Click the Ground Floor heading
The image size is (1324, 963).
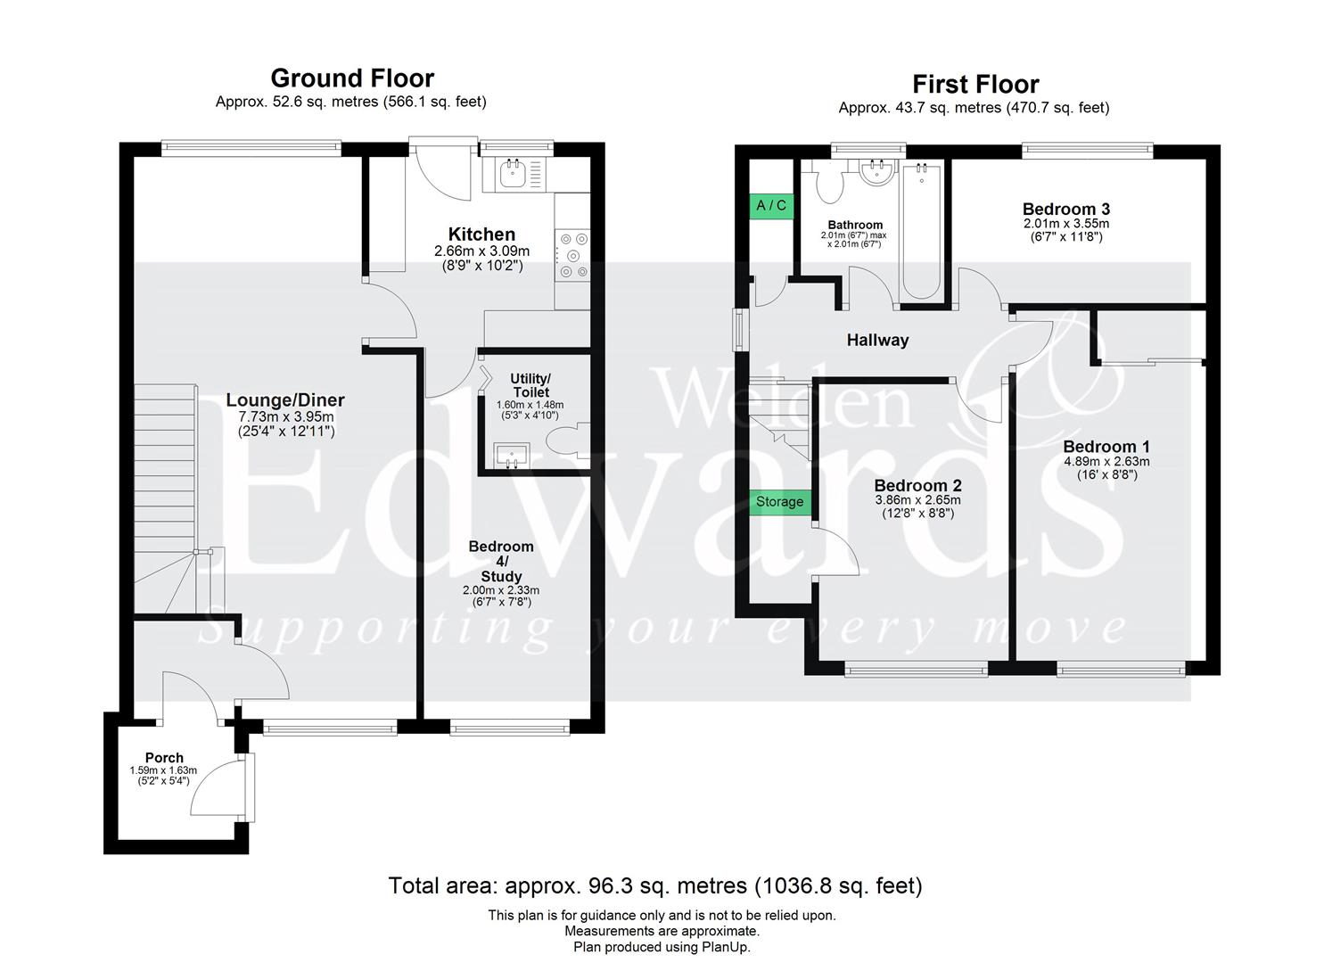tap(352, 78)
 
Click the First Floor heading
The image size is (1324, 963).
tap(975, 85)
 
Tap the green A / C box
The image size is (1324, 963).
tap(771, 206)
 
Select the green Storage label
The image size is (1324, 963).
tap(779, 502)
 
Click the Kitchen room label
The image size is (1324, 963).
tap(481, 235)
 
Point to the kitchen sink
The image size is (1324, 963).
tap(513, 174)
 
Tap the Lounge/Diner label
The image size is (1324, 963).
tap(285, 400)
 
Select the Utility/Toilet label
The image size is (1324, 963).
tap(530, 385)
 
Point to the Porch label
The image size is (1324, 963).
tap(164, 758)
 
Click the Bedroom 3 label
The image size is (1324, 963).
tap(1065, 210)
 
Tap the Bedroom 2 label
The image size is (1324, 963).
tap(917, 486)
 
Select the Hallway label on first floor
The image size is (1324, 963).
tap(877, 340)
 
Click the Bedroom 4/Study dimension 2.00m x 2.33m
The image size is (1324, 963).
tap(501, 590)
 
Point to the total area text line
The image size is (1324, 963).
tap(655, 886)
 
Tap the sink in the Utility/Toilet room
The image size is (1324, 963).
tap(512, 457)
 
